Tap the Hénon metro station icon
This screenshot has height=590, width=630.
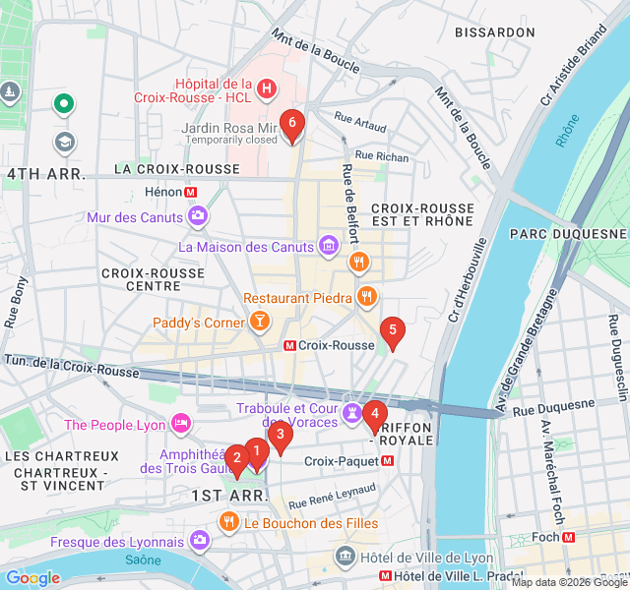[191, 193]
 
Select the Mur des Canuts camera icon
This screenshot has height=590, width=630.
[199, 216]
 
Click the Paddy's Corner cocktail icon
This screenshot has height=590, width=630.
[259, 321]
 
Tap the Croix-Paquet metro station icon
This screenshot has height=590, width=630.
[387, 460]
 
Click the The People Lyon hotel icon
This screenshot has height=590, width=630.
[181, 424]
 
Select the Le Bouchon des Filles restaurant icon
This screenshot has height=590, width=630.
[228, 523]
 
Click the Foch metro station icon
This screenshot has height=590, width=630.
[568, 537]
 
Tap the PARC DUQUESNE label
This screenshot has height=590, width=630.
[568, 234]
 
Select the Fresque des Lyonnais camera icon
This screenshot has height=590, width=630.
[200, 541]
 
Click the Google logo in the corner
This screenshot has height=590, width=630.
[32, 578]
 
